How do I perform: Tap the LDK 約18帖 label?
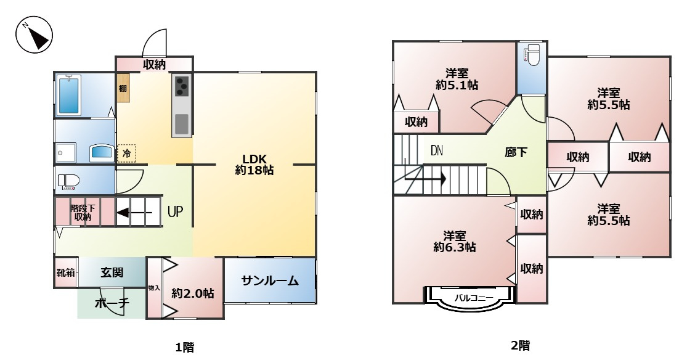coord(254,164)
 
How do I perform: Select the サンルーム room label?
coord(269,281)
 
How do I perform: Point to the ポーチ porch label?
coord(112,303)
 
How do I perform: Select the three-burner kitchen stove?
coord(182,86)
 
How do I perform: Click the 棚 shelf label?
coord(123,88)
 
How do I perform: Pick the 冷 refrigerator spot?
coord(126,153)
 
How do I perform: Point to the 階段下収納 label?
coord(82,212)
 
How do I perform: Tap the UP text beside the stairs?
coord(175,212)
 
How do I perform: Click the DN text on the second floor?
coord(437,150)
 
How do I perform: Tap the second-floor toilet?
coord(531,56)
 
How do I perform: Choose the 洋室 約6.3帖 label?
coord(454,241)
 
